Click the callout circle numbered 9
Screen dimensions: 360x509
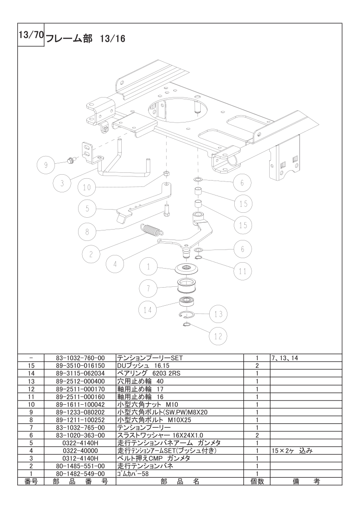click(x=46, y=165)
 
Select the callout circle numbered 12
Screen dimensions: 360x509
click(x=218, y=336)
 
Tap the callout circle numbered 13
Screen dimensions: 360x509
click(x=218, y=314)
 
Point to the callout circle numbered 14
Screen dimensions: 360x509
click(x=148, y=310)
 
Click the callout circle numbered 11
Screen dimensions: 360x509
click(x=243, y=271)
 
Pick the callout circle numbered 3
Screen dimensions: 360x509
click(x=62, y=183)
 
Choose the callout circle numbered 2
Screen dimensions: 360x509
click(x=91, y=254)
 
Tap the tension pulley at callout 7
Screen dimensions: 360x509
click(x=187, y=286)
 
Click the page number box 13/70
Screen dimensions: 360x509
click(x=30, y=35)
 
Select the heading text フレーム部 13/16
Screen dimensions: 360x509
click(x=86, y=39)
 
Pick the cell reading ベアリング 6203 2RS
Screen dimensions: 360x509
click(x=148, y=373)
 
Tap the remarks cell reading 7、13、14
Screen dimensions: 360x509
click(x=285, y=358)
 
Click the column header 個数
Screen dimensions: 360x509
click(x=256, y=481)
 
